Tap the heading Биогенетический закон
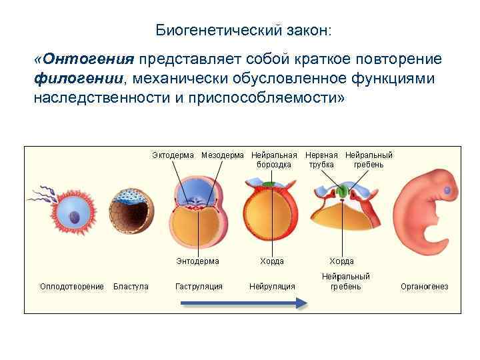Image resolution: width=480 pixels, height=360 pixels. coord(243,31)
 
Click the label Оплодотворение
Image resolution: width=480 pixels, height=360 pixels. coord(72,287)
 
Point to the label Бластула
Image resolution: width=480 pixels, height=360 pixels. coord(131,287)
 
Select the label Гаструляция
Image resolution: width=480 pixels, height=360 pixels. coord(199,287)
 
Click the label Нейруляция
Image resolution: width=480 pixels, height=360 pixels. coord(272,287)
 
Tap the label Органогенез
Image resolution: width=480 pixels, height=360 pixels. coord(424,287)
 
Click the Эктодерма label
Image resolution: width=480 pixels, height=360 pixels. coord(173,155)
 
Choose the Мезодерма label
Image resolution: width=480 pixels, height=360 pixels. coord(223,155)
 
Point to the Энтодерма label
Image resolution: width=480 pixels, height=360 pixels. coord(197,261)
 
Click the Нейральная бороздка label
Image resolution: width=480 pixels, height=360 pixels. coord(274,160)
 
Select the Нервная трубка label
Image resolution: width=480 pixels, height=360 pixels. coord(322,160)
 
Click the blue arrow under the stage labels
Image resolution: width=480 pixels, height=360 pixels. coord(244,303)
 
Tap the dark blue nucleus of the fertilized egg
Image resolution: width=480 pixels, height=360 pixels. coord(75,217)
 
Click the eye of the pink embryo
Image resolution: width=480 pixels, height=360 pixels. coord(447,192)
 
